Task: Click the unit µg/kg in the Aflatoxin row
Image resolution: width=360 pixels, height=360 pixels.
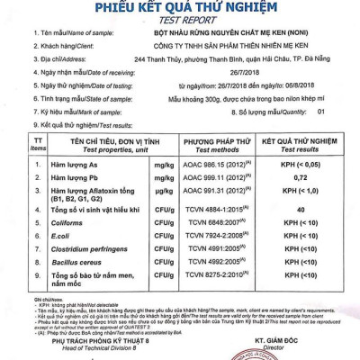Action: click(x=162, y=193)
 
